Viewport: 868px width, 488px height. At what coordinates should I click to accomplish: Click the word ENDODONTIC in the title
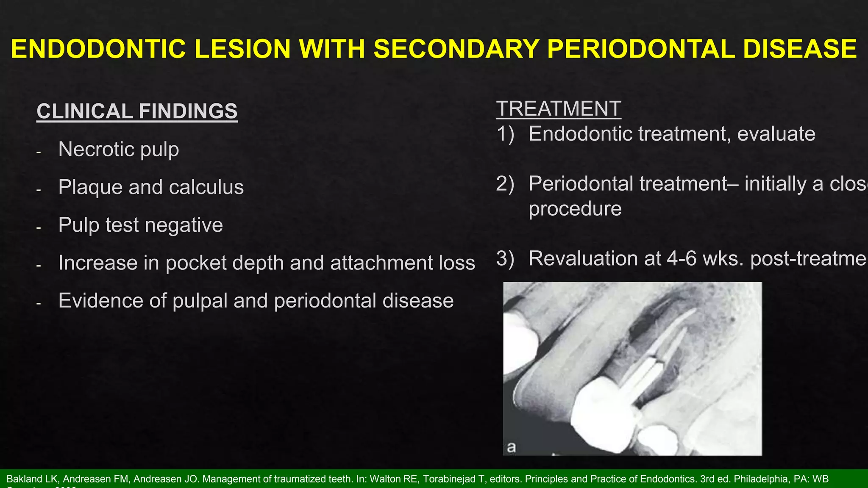tap(98, 49)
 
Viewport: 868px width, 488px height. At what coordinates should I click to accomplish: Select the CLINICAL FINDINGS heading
tap(137, 111)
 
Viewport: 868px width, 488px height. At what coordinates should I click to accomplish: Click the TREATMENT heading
tap(558, 109)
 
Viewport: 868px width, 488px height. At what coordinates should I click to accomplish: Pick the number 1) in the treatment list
tap(505, 134)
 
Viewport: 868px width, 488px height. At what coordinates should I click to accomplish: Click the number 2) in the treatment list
tap(505, 184)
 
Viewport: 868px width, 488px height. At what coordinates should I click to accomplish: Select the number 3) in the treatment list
tap(505, 259)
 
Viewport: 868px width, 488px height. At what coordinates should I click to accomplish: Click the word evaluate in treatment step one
tap(776, 134)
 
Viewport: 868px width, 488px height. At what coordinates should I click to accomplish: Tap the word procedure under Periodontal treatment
tap(575, 209)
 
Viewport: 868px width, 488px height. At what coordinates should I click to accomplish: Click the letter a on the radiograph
tap(511, 447)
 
